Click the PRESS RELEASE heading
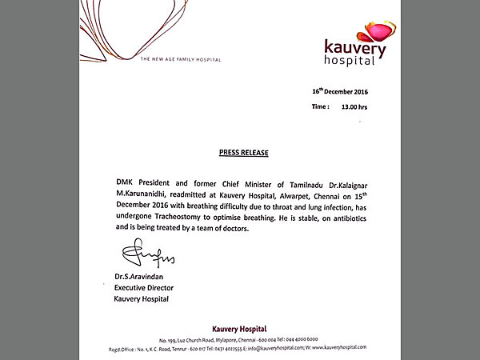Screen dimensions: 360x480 click(243, 151)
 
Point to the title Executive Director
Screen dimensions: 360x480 click(145, 287)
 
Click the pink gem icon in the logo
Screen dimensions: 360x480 click(378, 33)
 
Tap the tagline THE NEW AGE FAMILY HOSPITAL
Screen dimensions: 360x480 click(180, 59)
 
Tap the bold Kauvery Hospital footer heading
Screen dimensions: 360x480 click(239, 329)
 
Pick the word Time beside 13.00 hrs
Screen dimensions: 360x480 click(320, 106)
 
